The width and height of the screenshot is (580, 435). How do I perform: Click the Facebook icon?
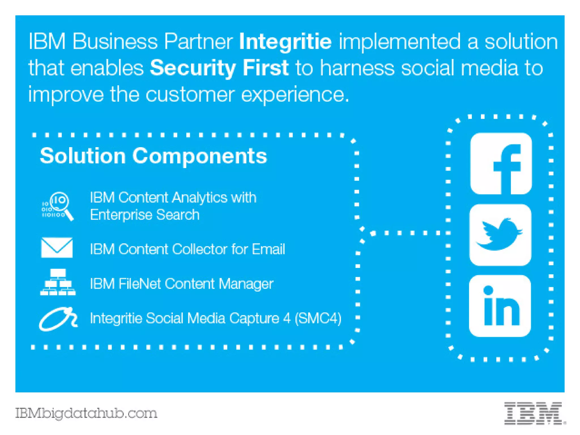tap(501, 164)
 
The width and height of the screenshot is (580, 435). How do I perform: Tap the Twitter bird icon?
tap(500, 235)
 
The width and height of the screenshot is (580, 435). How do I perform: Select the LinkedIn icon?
tap(500, 306)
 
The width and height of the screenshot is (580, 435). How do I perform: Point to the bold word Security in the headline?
tap(193, 68)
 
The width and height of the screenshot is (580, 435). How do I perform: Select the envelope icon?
tap(57, 248)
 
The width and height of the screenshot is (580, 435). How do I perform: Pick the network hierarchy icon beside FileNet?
tap(58, 282)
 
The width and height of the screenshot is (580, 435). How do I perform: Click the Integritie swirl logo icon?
tap(58, 319)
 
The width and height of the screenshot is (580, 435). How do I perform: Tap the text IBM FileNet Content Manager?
tap(182, 284)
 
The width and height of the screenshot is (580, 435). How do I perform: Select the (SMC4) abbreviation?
tap(318, 318)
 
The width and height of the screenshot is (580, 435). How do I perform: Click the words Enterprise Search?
tap(145, 215)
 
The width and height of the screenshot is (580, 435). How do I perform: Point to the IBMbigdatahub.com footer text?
tap(86, 413)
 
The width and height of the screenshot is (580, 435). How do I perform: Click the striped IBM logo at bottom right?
tap(534, 413)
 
